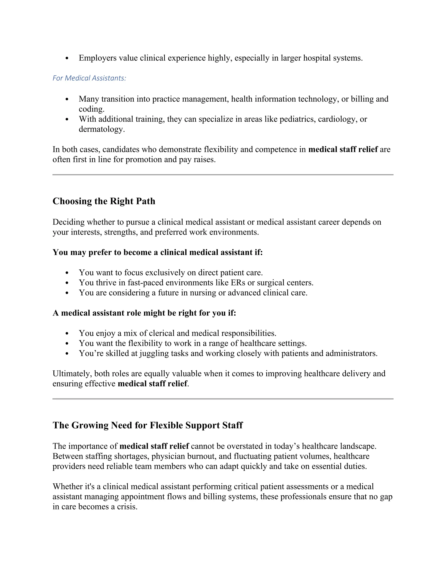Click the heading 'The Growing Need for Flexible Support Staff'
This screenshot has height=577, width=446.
click(147, 425)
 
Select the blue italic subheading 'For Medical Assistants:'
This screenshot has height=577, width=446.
click(89, 78)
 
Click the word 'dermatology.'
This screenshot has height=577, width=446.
click(102, 129)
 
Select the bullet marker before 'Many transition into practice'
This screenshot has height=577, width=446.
click(67, 99)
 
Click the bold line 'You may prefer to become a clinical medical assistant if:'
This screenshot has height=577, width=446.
click(157, 252)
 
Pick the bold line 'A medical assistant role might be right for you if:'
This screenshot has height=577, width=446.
click(144, 313)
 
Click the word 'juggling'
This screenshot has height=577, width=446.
click(154, 353)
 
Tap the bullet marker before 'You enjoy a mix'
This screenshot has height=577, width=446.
click(67, 333)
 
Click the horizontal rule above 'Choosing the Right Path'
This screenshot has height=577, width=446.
click(223, 175)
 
